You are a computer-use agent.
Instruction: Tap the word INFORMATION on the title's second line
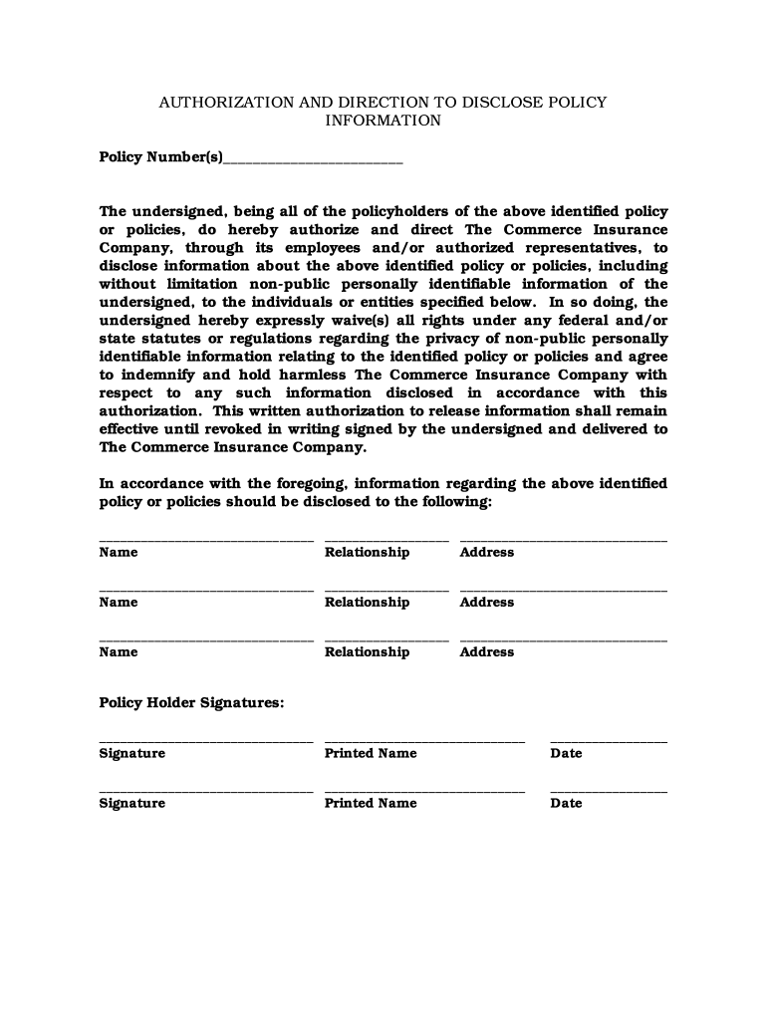(383, 121)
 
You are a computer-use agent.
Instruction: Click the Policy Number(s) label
(161, 157)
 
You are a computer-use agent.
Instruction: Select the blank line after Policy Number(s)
(314, 159)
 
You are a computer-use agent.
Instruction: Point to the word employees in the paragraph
(323, 248)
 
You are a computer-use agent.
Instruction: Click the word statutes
(164, 339)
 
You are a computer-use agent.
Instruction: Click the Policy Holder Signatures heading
(191, 703)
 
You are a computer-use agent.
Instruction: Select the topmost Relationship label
(367, 552)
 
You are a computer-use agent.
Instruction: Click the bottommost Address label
(487, 651)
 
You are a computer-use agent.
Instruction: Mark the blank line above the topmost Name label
(206, 540)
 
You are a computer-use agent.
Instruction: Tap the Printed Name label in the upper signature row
(371, 753)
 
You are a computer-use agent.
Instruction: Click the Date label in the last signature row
(566, 803)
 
